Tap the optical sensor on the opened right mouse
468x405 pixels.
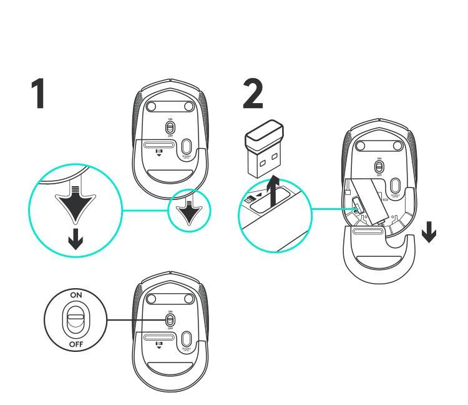(395, 186)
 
